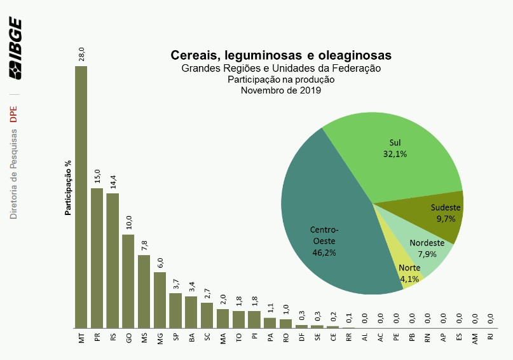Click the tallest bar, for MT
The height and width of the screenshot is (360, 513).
(81, 197)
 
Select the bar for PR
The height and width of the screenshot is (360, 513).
(97, 258)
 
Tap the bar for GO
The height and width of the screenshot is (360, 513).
(128, 280)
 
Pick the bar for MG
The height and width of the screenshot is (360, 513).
(160, 300)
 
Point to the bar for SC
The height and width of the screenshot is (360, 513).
(207, 315)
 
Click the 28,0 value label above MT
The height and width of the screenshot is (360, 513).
(81, 53)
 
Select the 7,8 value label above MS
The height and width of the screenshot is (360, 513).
(144, 245)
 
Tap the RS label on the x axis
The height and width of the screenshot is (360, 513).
(113, 338)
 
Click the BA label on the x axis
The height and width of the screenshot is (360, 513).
(191, 338)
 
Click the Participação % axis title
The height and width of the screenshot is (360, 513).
(68, 187)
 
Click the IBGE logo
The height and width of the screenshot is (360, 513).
(15, 48)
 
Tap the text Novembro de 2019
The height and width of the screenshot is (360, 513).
(281, 91)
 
